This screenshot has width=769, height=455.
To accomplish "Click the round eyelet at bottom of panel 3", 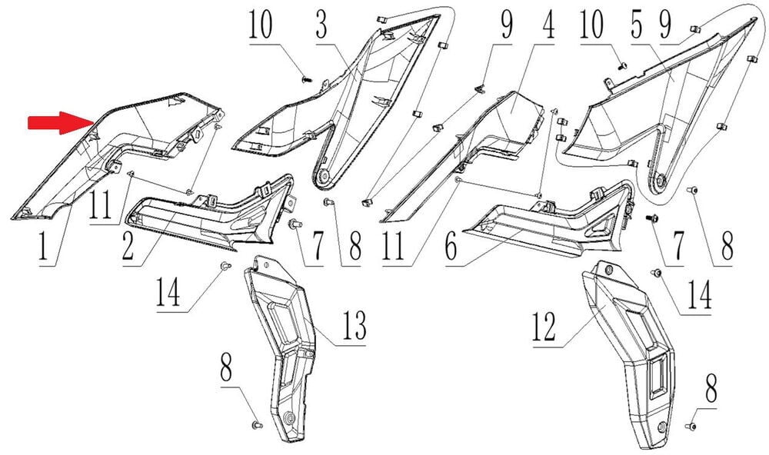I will (x=324, y=177).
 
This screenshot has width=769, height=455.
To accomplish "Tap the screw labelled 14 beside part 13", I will (x=225, y=265).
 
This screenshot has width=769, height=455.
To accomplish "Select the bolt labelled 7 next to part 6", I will (x=654, y=218).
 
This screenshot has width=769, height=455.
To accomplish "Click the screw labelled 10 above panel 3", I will (x=305, y=77).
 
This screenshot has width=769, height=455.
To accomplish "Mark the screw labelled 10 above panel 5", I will (x=623, y=65).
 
